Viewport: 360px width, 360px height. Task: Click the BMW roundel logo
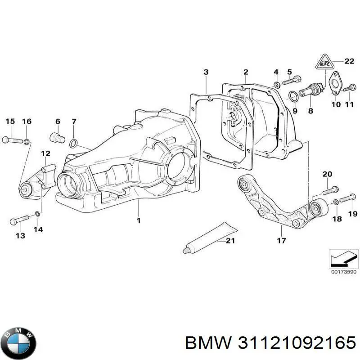(x=18, y=340)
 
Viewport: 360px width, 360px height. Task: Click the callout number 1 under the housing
(x=139, y=220)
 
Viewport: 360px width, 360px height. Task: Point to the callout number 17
(x=281, y=241)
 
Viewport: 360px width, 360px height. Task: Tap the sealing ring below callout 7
(x=74, y=144)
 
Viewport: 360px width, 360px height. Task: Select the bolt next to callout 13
(x=19, y=220)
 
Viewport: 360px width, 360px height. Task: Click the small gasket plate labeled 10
(x=334, y=85)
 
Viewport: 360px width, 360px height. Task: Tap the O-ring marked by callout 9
(x=292, y=94)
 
